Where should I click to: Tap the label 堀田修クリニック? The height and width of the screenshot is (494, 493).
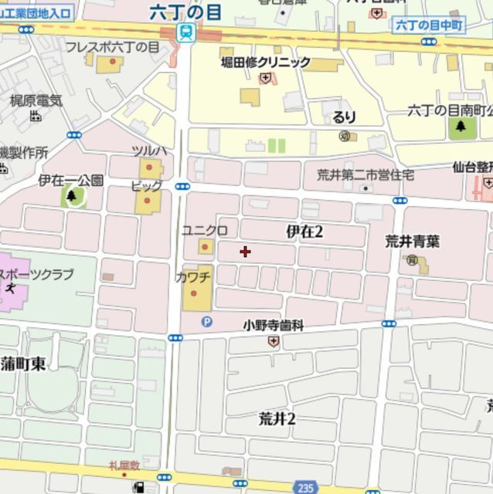(266, 62)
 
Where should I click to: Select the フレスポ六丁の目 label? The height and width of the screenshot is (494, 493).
(112, 47)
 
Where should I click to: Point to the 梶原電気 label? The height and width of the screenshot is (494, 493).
(36, 100)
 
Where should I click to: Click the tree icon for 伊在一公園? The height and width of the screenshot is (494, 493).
(72, 196)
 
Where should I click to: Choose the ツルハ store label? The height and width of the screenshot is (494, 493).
(148, 150)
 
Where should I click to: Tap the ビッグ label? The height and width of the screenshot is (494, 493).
(146, 186)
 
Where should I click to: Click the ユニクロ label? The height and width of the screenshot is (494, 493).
(204, 231)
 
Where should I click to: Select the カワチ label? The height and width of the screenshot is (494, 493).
(193, 276)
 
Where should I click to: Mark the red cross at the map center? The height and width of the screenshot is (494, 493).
(246, 251)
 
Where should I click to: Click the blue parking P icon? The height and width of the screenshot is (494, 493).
(206, 323)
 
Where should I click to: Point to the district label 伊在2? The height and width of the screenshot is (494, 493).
(304, 231)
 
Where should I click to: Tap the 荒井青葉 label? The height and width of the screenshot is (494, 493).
(413, 241)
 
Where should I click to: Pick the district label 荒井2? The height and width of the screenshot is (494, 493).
(277, 418)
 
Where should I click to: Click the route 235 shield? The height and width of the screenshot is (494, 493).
(304, 487)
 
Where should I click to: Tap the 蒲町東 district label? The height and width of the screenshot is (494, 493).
(23, 364)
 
